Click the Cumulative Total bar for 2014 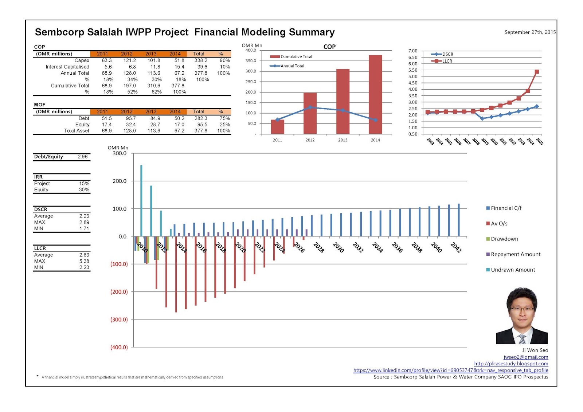point(375,94)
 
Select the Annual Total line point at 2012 point(310,107)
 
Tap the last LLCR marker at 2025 point(536,72)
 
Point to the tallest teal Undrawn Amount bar point(141,200)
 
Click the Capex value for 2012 point(129,60)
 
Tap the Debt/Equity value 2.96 point(83,157)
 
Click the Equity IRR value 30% point(84,190)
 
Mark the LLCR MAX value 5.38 point(84,261)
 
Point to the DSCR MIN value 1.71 point(84,229)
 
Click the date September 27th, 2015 point(530,32)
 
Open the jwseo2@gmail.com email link point(525,357)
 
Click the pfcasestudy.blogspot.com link point(511,364)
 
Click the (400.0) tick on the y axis point(119,347)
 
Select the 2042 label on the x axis point(456,247)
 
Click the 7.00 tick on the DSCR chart point(412,51)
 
